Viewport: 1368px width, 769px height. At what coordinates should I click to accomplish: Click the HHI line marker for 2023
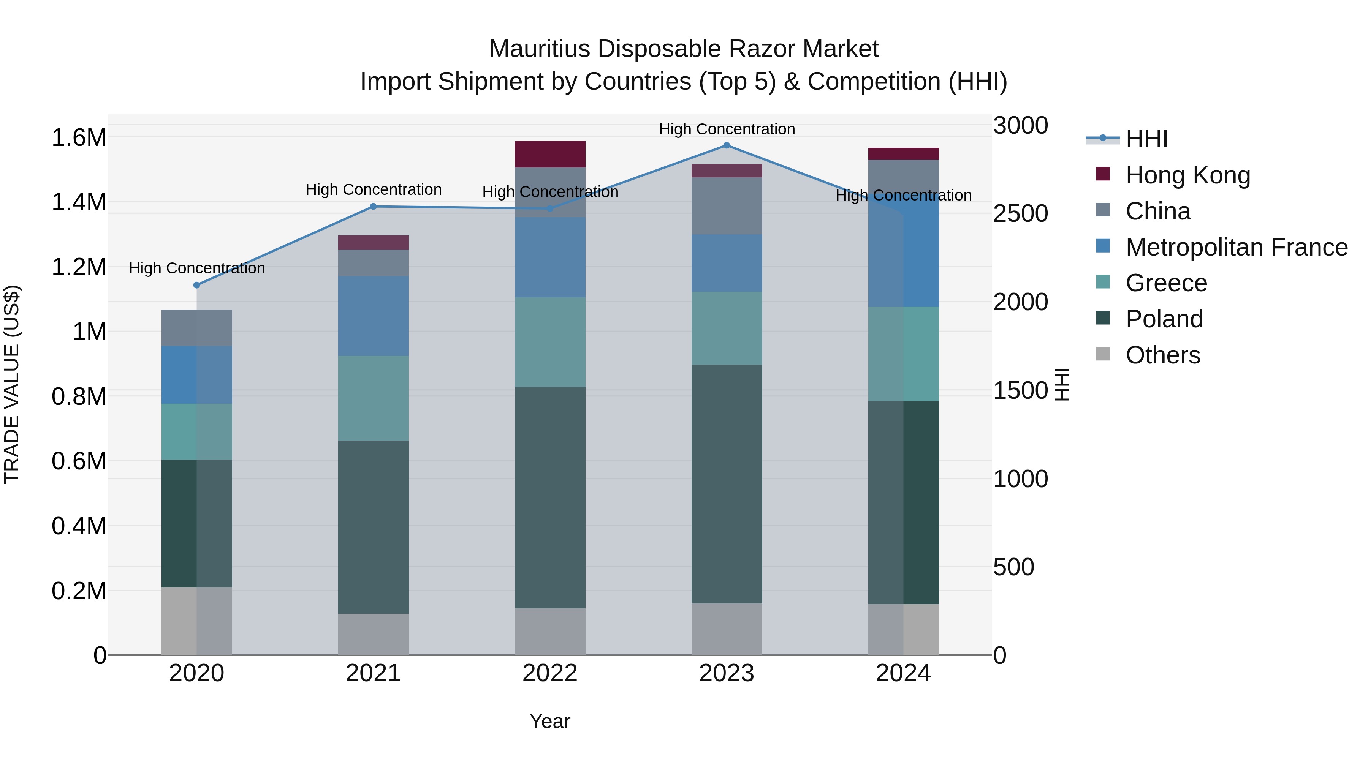pyautogui.click(x=727, y=145)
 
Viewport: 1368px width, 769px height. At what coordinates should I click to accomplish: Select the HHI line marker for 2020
pyautogui.click(x=196, y=285)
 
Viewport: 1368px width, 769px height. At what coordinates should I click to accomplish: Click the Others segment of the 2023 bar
pyautogui.click(x=727, y=629)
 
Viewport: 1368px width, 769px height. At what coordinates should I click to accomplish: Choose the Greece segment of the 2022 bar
pyautogui.click(x=550, y=342)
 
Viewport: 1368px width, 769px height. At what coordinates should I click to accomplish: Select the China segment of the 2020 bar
pyautogui.click(x=196, y=328)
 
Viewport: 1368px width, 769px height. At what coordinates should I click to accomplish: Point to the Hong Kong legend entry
pyautogui.click(x=1187, y=175)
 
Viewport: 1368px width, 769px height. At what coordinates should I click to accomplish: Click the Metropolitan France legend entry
pyautogui.click(x=1236, y=247)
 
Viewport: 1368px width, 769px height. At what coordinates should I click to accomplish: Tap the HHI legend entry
pyautogui.click(x=1146, y=139)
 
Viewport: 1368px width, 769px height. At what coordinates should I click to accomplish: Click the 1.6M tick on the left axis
pyautogui.click(x=79, y=138)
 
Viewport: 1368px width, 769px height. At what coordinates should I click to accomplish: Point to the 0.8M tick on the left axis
pyautogui.click(x=79, y=396)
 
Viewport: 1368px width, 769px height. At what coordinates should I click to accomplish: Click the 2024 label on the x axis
pyautogui.click(x=903, y=673)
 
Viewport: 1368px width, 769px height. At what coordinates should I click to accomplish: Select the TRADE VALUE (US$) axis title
pyautogui.click(x=12, y=384)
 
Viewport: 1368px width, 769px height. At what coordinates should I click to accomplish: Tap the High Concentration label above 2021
pyautogui.click(x=373, y=189)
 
